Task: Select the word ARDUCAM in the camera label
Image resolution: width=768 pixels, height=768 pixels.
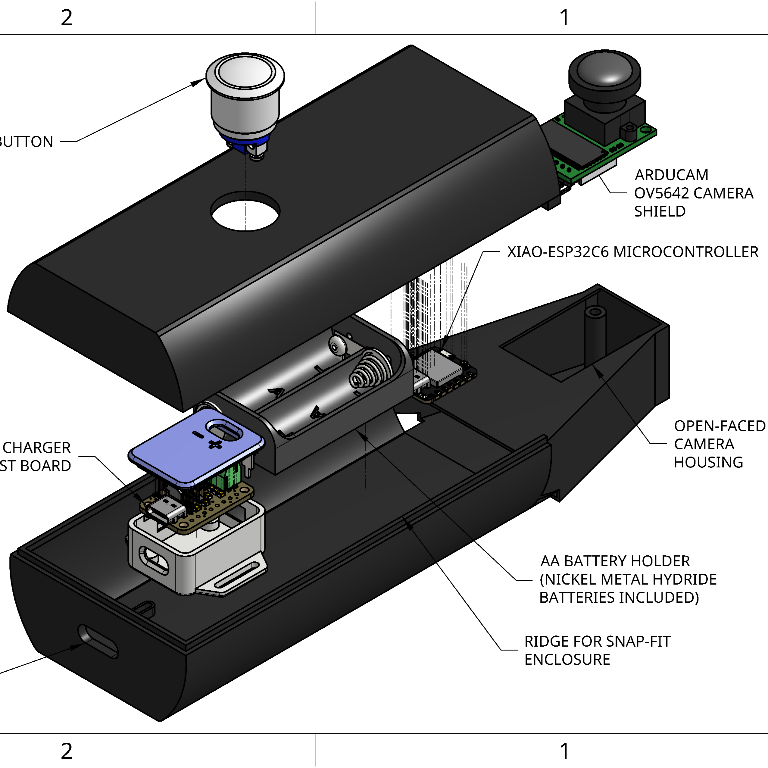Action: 671,175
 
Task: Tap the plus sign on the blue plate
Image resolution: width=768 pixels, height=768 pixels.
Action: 215,444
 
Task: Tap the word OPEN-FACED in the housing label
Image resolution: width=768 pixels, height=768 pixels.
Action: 720,426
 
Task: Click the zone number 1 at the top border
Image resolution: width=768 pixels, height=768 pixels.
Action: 564,17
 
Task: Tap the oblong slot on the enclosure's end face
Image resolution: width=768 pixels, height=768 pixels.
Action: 98,641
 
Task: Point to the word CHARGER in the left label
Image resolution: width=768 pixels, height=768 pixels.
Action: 36,448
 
